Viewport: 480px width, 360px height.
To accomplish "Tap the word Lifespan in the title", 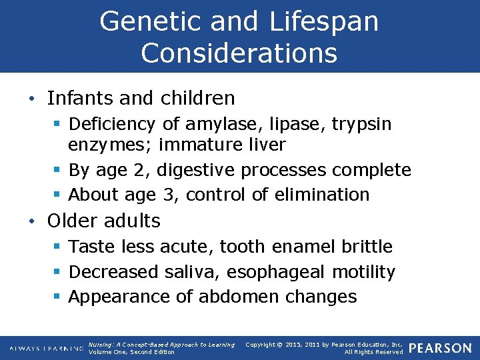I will [x=324, y=21].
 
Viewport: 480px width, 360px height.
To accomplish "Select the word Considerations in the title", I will [x=239, y=53].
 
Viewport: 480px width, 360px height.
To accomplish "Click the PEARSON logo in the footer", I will [x=440, y=348].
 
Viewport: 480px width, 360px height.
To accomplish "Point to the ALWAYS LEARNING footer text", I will [x=46, y=349].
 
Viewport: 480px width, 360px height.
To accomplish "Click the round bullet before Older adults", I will [x=33, y=221].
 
